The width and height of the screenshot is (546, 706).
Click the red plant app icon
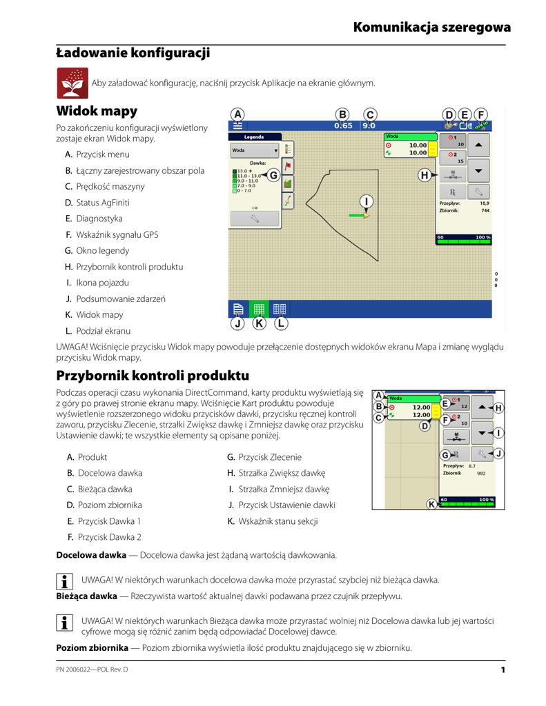pyautogui.click(x=72, y=84)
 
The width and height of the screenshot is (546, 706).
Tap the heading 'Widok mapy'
pyautogui.click(x=97, y=111)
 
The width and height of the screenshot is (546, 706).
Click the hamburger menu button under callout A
pyautogui.click(x=237, y=125)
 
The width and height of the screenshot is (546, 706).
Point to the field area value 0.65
pyautogui.click(x=343, y=125)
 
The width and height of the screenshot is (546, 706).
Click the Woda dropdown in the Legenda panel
pyautogui.click(x=255, y=150)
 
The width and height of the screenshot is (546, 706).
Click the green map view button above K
pyautogui.click(x=259, y=309)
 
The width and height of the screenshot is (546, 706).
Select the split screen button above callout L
pyautogui.click(x=280, y=309)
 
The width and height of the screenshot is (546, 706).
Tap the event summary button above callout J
pyautogui.click(x=237, y=309)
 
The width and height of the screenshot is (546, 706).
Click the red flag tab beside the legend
pyautogui.click(x=288, y=165)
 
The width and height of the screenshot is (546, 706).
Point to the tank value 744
pyautogui.click(x=485, y=210)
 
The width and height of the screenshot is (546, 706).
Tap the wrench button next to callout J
pyautogui.click(x=482, y=454)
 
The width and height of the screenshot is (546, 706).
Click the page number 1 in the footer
pyautogui.click(x=504, y=670)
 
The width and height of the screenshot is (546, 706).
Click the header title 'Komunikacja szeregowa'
pyautogui.click(x=432, y=28)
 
